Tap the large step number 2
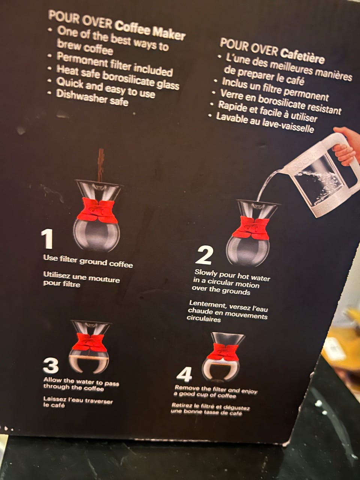pyautogui.click(x=204, y=255)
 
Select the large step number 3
pyautogui.click(x=51, y=365)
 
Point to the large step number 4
pyautogui.click(x=184, y=374)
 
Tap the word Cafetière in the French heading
pyautogui.click(x=302, y=56)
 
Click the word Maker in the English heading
pyautogui.click(x=168, y=34)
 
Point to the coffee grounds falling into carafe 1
pyautogui.click(x=101, y=165)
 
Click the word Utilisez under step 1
pyautogui.click(x=57, y=275)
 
